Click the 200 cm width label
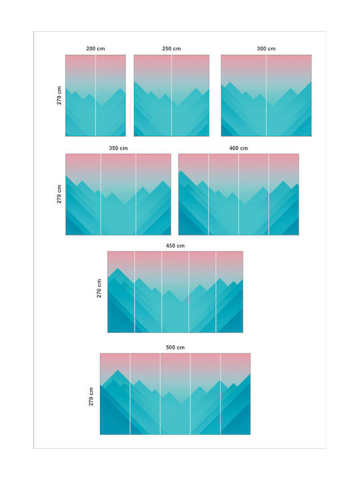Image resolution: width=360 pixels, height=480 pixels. point(95,49)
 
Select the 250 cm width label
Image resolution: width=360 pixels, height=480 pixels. point(171,49)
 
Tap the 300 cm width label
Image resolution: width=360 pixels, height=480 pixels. point(266,49)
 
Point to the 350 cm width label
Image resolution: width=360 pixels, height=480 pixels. point(118,148)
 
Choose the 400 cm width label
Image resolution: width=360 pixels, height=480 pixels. point(239,148)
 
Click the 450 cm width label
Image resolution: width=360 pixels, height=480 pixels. point(175,246)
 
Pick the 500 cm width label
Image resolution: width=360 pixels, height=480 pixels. point(175,347)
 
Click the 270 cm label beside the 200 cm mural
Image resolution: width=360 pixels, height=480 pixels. point(59,95)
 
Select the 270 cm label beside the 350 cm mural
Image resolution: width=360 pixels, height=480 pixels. point(59,194)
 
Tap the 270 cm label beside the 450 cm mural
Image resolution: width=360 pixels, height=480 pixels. point(99,288)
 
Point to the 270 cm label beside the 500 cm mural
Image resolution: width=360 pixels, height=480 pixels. point(91,397)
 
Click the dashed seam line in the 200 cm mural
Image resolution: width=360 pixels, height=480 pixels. point(95,95)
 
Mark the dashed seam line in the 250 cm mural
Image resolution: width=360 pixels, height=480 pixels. point(171,95)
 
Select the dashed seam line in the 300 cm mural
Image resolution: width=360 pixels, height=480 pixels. point(266,95)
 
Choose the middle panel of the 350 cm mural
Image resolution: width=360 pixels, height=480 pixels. point(118,195)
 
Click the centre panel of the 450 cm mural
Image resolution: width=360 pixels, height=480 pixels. point(175,292)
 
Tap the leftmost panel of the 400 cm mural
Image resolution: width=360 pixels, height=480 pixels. point(193,195)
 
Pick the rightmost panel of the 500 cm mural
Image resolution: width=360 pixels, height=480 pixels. point(235,394)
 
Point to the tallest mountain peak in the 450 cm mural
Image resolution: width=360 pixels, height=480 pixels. point(117,269)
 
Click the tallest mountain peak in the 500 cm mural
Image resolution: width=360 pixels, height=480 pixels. point(117,370)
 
